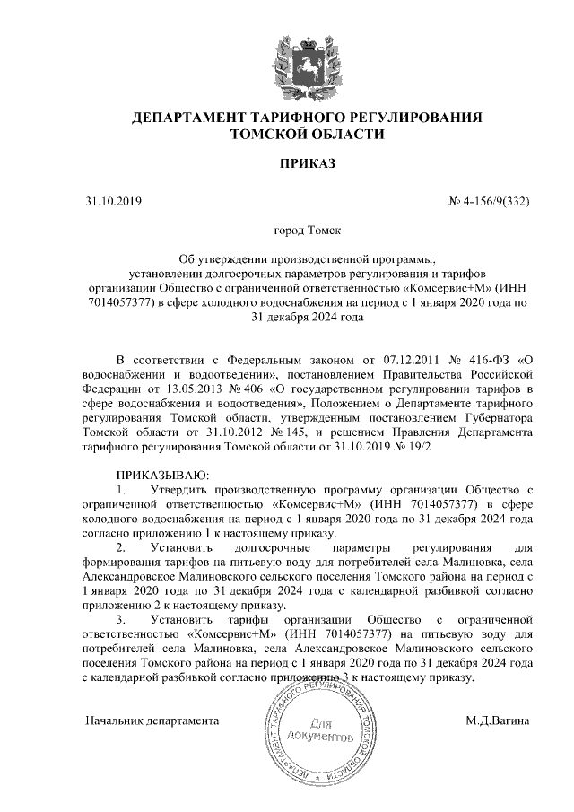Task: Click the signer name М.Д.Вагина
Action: coord(498,720)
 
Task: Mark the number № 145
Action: coord(274,432)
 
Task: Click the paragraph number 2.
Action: coord(121,546)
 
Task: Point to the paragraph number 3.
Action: coord(121,619)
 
